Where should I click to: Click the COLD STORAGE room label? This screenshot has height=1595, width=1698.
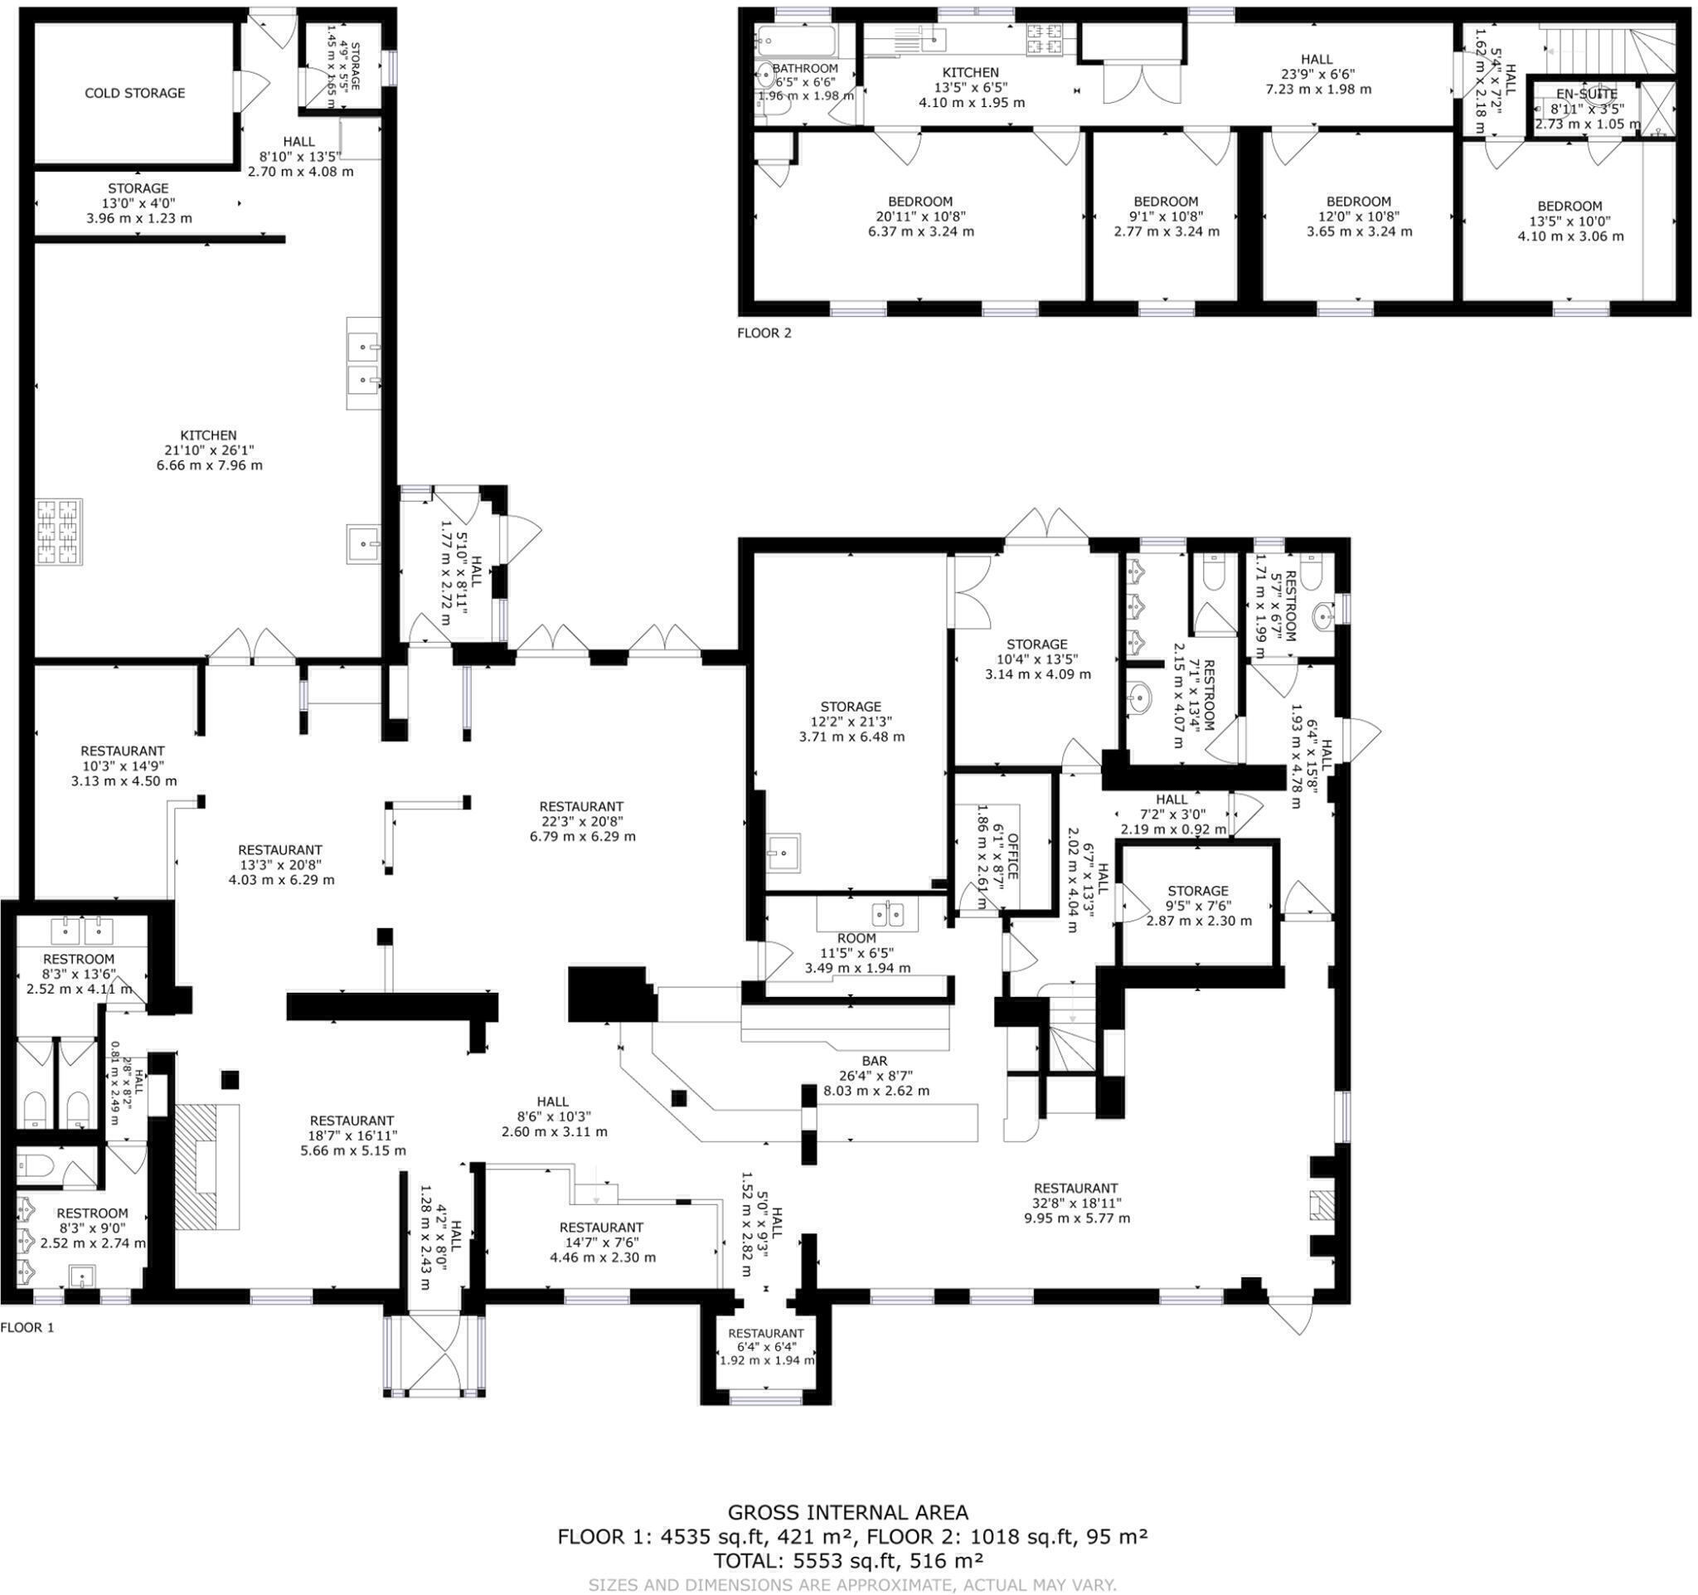pyautogui.click(x=135, y=93)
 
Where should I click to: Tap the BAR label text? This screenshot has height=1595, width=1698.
pyautogui.click(x=875, y=1061)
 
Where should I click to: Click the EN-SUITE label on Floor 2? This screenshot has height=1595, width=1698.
pyautogui.click(x=1587, y=95)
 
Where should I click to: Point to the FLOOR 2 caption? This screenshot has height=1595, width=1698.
pyautogui.click(x=764, y=333)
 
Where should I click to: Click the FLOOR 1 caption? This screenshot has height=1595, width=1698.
pyautogui.click(x=27, y=1328)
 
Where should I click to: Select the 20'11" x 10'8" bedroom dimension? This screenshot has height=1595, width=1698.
pyautogui.click(x=919, y=217)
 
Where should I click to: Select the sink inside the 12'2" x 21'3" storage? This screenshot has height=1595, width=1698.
pyautogui.click(x=783, y=853)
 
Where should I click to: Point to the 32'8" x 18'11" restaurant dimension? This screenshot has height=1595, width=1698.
pyautogui.click(x=1076, y=1203)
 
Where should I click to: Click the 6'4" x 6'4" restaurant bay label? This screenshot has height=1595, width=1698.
pyautogui.click(x=766, y=1334)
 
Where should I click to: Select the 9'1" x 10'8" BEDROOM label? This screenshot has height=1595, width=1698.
pyautogui.click(x=1166, y=202)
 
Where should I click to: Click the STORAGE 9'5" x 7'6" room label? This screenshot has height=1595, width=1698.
pyautogui.click(x=1198, y=891)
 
